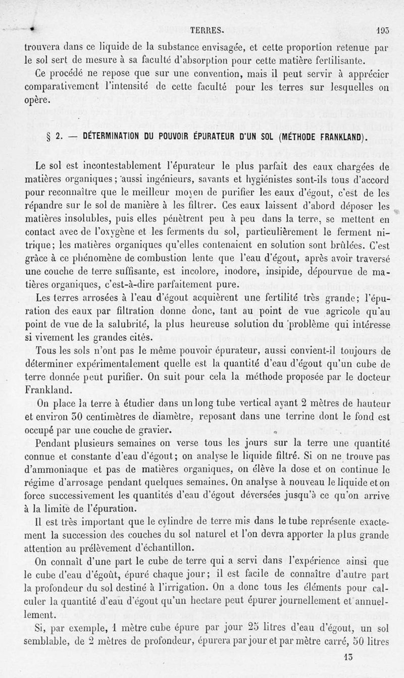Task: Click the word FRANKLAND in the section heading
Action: (x=333, y=137)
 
